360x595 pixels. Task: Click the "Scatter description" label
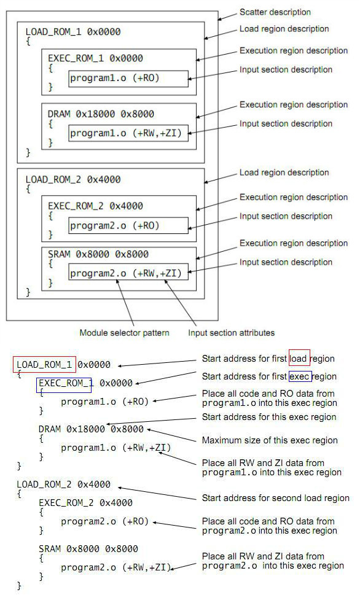pyautogui.click(x=275, y=12)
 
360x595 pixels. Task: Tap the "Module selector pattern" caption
pyautogui.click(x=124, y=333)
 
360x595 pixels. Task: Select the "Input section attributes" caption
pyautogui.click(x=231, y=333)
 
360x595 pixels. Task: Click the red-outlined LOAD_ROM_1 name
pyautogui.click(x=44, y=365)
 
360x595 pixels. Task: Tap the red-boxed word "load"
pyautogui.click(x=299, y=359)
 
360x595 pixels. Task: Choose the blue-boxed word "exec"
pyautogui.click(x=300, y=376)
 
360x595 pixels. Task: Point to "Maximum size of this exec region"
pyautogui.click(x=270, y=440)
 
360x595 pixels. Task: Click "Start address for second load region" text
pyautogui.click(x=275, y=498)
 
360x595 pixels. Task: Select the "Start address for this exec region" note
pyautogui.click(x=269, y=417)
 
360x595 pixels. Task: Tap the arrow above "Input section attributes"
pyautogui.click(x=181, y=303)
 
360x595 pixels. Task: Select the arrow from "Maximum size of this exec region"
pyautogui.click(x=171, y=435)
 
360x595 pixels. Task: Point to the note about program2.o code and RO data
pyautogui.click(x=269, y=526)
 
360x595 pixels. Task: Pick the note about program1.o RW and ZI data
pyautogui.click(x=272, y=467)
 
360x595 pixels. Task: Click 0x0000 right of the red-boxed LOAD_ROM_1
pyautogui.click(x=94, y=365)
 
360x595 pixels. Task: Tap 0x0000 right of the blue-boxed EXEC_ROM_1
pyautogui.click(x=116, y=383)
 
